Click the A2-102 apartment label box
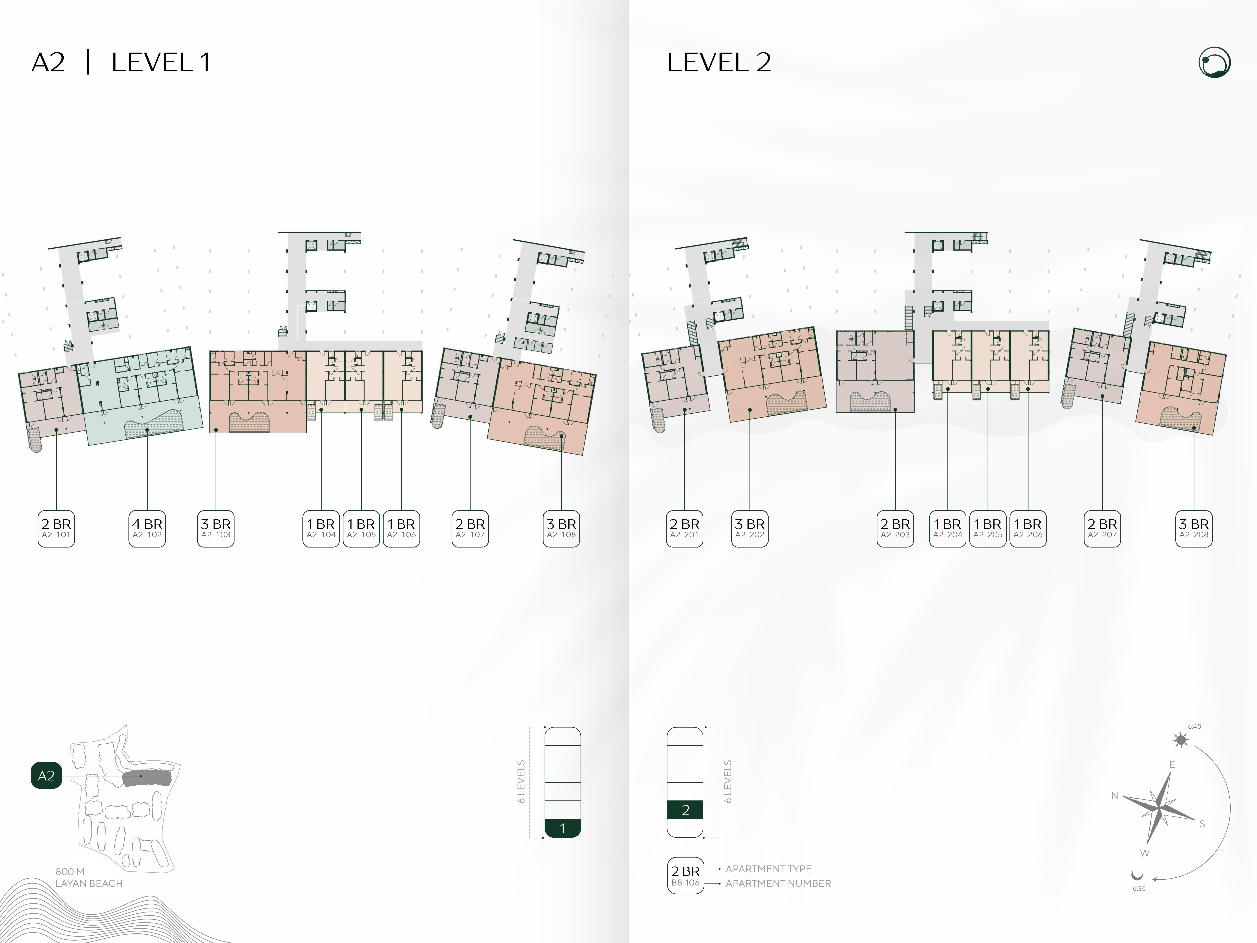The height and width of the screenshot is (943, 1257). pos(147,529)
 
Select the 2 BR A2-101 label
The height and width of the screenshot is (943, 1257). pos(56,529)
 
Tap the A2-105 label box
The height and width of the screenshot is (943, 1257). pos(361,529)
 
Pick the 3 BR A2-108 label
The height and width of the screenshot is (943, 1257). pos(561,529)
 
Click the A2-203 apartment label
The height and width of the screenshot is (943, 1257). pos(895,529)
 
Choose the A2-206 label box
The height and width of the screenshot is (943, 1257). pos(1028,529)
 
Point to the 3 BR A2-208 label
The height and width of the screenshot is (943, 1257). pos(1194,529)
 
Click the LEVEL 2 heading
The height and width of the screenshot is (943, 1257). pos(719,63)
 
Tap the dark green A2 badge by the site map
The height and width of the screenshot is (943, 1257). pos(46,775)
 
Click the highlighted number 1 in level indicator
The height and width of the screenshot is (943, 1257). pos(563,828)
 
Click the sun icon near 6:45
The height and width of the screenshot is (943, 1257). pos(1181,740)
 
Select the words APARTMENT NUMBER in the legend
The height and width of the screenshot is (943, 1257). pos(778,883)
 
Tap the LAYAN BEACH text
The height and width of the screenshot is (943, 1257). pos(89,883)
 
